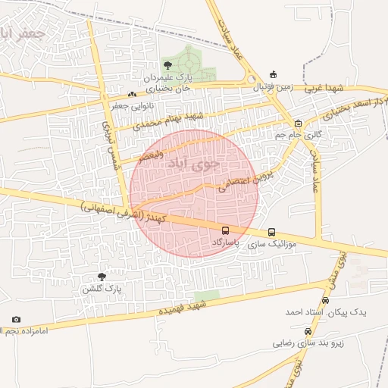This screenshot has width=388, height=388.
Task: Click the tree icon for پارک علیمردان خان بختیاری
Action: (167, 66)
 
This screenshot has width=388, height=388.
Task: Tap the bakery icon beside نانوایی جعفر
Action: (133, 94)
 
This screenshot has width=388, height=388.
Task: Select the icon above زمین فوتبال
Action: (273, 75)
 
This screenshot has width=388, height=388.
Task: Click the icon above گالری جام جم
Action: (299, 123)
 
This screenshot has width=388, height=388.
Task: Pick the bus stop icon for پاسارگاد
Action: (225, 230)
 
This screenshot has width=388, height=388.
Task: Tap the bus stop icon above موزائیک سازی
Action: (271, 233)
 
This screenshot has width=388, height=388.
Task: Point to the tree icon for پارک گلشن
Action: (102, 277)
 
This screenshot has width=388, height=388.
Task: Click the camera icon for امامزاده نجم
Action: (17, 320)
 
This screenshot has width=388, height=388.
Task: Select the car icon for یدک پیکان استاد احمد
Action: (325, 299)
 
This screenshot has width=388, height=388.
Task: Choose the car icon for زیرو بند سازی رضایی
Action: (307, 331)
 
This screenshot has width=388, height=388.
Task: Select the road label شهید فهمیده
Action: (182, 308)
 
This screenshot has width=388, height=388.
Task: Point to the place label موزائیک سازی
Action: (283, 246)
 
